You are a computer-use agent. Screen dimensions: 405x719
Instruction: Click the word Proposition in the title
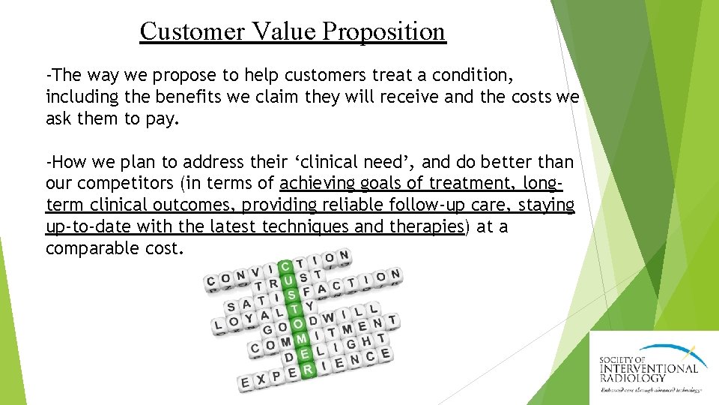(x=384, y=31)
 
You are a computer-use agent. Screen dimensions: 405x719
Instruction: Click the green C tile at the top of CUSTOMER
(x=285, y=267)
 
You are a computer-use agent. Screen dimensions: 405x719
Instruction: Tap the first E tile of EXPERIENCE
(x=245, y=383)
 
